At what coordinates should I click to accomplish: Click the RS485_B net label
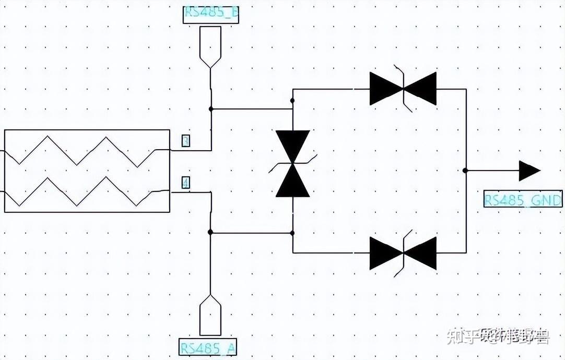211,15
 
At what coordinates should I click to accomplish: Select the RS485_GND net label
523,200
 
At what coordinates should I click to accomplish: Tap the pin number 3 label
185,140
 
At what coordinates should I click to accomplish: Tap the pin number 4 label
185,183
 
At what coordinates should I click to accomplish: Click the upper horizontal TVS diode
403,89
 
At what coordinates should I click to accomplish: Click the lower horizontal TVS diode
403,253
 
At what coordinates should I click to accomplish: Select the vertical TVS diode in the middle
292,164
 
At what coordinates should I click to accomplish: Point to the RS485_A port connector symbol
210,315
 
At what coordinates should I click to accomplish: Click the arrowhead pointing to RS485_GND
529,171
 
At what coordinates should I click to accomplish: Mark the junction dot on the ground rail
465,171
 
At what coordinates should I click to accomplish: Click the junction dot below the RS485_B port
211,109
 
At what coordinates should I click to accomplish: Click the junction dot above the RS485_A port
210,232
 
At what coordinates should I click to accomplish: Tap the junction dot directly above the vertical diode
292,100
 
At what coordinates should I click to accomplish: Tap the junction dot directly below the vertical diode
292,233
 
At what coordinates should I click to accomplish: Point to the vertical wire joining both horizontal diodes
466,130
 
